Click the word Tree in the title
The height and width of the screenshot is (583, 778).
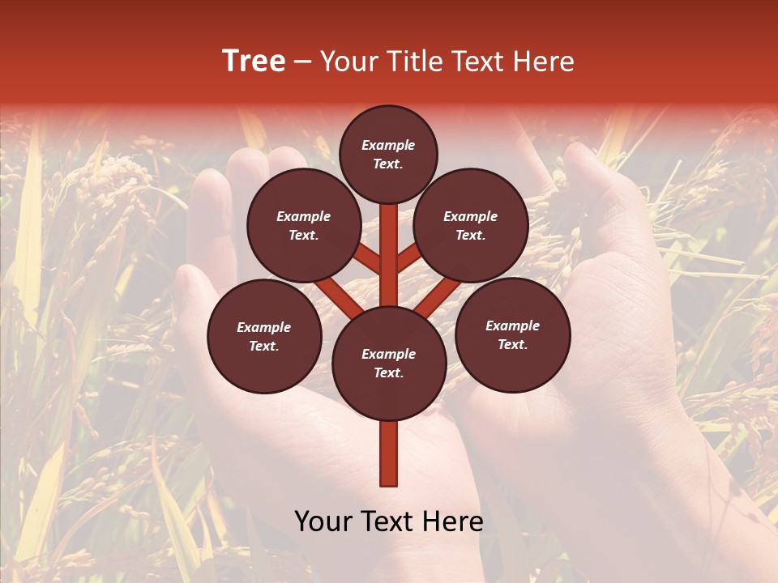[254, 62]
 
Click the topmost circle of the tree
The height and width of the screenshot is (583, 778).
[388, 154]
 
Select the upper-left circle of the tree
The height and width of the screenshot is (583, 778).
[304, 226]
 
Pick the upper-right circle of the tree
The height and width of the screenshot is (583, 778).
[471, 226]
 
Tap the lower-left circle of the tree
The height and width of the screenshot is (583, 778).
[264, 337]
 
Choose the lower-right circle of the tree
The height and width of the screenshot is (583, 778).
[513, 335]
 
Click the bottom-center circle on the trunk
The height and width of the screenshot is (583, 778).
[389, 364]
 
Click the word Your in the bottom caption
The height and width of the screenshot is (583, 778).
[322, 521]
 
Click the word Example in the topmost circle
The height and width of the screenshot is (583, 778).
[388, 146]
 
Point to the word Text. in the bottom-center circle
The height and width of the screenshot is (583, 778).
[388, 373]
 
